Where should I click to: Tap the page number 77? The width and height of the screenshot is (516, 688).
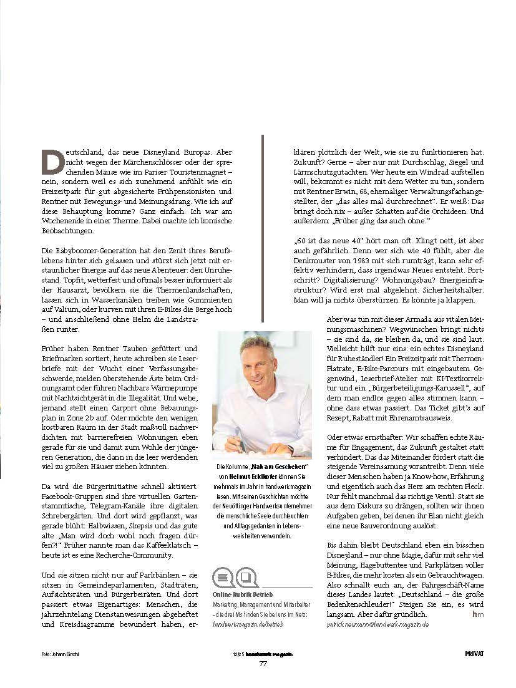point(263,663)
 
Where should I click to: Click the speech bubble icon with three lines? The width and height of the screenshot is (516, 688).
point(223,575)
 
